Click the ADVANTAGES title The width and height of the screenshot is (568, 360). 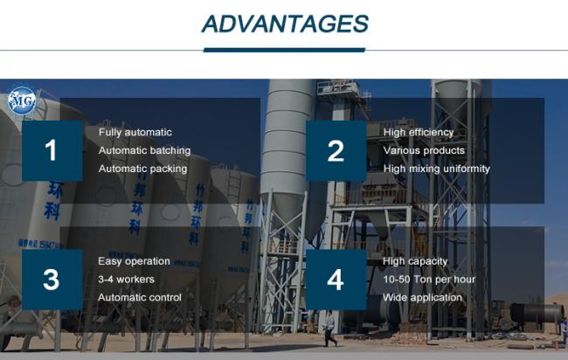coord(285,24)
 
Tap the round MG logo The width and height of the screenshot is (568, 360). coord(22,100)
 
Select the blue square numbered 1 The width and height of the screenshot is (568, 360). coord(52,150)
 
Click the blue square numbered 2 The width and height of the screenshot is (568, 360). coord(336,150)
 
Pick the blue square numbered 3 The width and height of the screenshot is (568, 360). coord(52,280)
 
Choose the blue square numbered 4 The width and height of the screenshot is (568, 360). coord(336,280)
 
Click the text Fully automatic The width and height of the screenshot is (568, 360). coord(135,133)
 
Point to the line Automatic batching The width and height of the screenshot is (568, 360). coord(144,150)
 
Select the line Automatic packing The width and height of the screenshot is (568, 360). coord(142,169)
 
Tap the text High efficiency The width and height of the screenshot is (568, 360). coord(419,133)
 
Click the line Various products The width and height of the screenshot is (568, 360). coord(424,150)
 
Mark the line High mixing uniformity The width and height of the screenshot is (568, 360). coord(437,169)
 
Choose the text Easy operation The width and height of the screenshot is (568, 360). coord(134,261)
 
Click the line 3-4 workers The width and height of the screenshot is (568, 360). coord(126,280)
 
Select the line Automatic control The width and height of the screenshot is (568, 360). coord(140,297)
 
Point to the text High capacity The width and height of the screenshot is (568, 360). coord(415,261)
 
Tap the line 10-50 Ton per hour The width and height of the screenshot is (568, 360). coord(429,280)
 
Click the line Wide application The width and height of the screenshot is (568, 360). coord(422,298)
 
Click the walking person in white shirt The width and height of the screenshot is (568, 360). coord(329,329)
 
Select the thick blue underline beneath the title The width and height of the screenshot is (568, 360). coord(284,50)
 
